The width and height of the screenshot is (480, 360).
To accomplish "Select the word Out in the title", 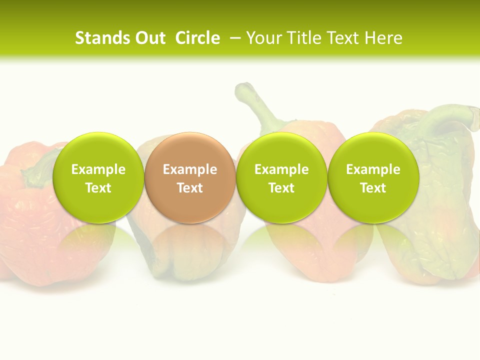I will point(149,38).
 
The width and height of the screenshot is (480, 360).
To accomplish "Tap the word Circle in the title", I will point(197,38).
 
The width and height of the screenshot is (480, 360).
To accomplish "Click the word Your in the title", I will point(263,38).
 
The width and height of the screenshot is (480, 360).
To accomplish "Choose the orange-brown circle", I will point(189,177).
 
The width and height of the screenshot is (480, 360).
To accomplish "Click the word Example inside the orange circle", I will point(190,169).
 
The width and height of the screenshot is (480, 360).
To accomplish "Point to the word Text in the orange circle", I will point(190,188).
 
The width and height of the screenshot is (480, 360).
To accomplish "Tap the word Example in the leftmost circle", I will point(98,169).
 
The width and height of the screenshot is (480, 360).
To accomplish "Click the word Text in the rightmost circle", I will point(373,188).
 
